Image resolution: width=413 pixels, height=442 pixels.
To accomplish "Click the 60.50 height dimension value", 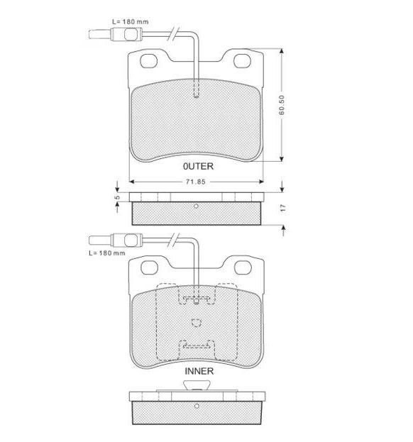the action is coord(282,105).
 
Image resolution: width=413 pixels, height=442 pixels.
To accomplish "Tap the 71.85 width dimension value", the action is coord(196,182).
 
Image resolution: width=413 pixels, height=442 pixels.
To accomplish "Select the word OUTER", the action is coord(199,166).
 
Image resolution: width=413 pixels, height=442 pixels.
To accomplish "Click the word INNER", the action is coord(199,371).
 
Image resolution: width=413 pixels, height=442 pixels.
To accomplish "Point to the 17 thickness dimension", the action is coord(283,208).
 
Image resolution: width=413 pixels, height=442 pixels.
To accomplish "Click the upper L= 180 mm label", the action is coord(131,21).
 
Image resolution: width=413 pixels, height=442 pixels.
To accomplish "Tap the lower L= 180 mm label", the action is coord(107,253).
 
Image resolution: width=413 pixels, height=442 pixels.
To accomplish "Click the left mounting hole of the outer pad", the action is coord(148,61).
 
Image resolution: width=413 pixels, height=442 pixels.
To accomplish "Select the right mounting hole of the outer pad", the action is coord(242,60).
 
